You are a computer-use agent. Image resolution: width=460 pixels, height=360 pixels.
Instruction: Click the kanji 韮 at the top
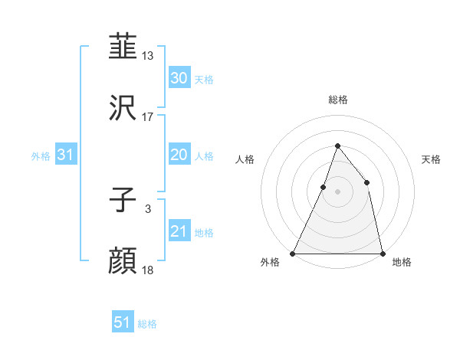pos(123,47)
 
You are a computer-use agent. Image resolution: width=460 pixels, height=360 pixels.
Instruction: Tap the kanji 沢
pos(123,108)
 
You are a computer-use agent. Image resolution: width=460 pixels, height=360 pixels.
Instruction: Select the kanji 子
pos(123,200)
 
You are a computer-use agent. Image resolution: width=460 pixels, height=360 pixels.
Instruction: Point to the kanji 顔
pos(123,261)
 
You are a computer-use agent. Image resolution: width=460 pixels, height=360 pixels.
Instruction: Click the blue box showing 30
pos(179,77)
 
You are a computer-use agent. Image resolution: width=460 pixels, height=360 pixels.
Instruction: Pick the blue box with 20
pos(179,155)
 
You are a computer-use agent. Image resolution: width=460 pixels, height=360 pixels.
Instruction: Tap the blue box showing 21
pos(179,231)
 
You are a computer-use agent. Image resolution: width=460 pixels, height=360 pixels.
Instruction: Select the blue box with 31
pos(66,155)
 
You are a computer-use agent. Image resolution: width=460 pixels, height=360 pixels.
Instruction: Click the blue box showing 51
pos(123,322)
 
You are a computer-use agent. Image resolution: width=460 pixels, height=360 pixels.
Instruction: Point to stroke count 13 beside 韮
pos(148,56)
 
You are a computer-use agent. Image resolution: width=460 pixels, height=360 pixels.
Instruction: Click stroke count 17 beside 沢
pos(148,117)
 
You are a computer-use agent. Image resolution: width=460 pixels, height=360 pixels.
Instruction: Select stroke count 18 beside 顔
pos(148,270)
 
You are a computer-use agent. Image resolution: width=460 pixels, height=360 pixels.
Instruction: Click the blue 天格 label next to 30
pos(203,79)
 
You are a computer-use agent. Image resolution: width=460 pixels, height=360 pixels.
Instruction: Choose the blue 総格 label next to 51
pos(147,324)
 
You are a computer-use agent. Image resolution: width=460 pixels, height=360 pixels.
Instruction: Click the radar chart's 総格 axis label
pos(337,100)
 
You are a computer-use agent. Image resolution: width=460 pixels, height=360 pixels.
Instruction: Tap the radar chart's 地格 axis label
pos(402,262)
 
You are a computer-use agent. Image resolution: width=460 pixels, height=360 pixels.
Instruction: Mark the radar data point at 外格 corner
pos(293,253)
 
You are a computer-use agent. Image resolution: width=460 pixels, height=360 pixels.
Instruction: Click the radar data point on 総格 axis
pos(337,146)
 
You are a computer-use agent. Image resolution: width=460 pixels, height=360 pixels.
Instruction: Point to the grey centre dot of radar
pos(337,191)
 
